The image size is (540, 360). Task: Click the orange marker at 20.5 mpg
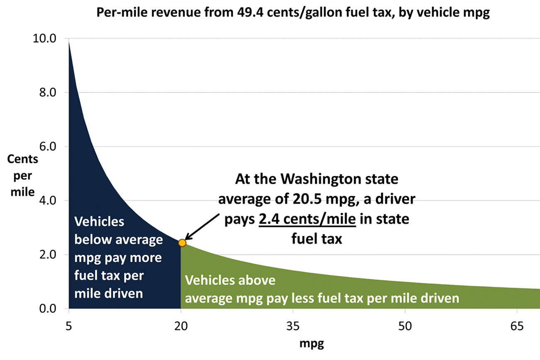[x=182, y=243]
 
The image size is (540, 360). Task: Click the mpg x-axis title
[x=312, y=344]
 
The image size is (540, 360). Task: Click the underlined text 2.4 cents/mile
[x=307, y=219]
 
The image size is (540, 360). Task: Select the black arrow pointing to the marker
[x=203, y=226]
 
